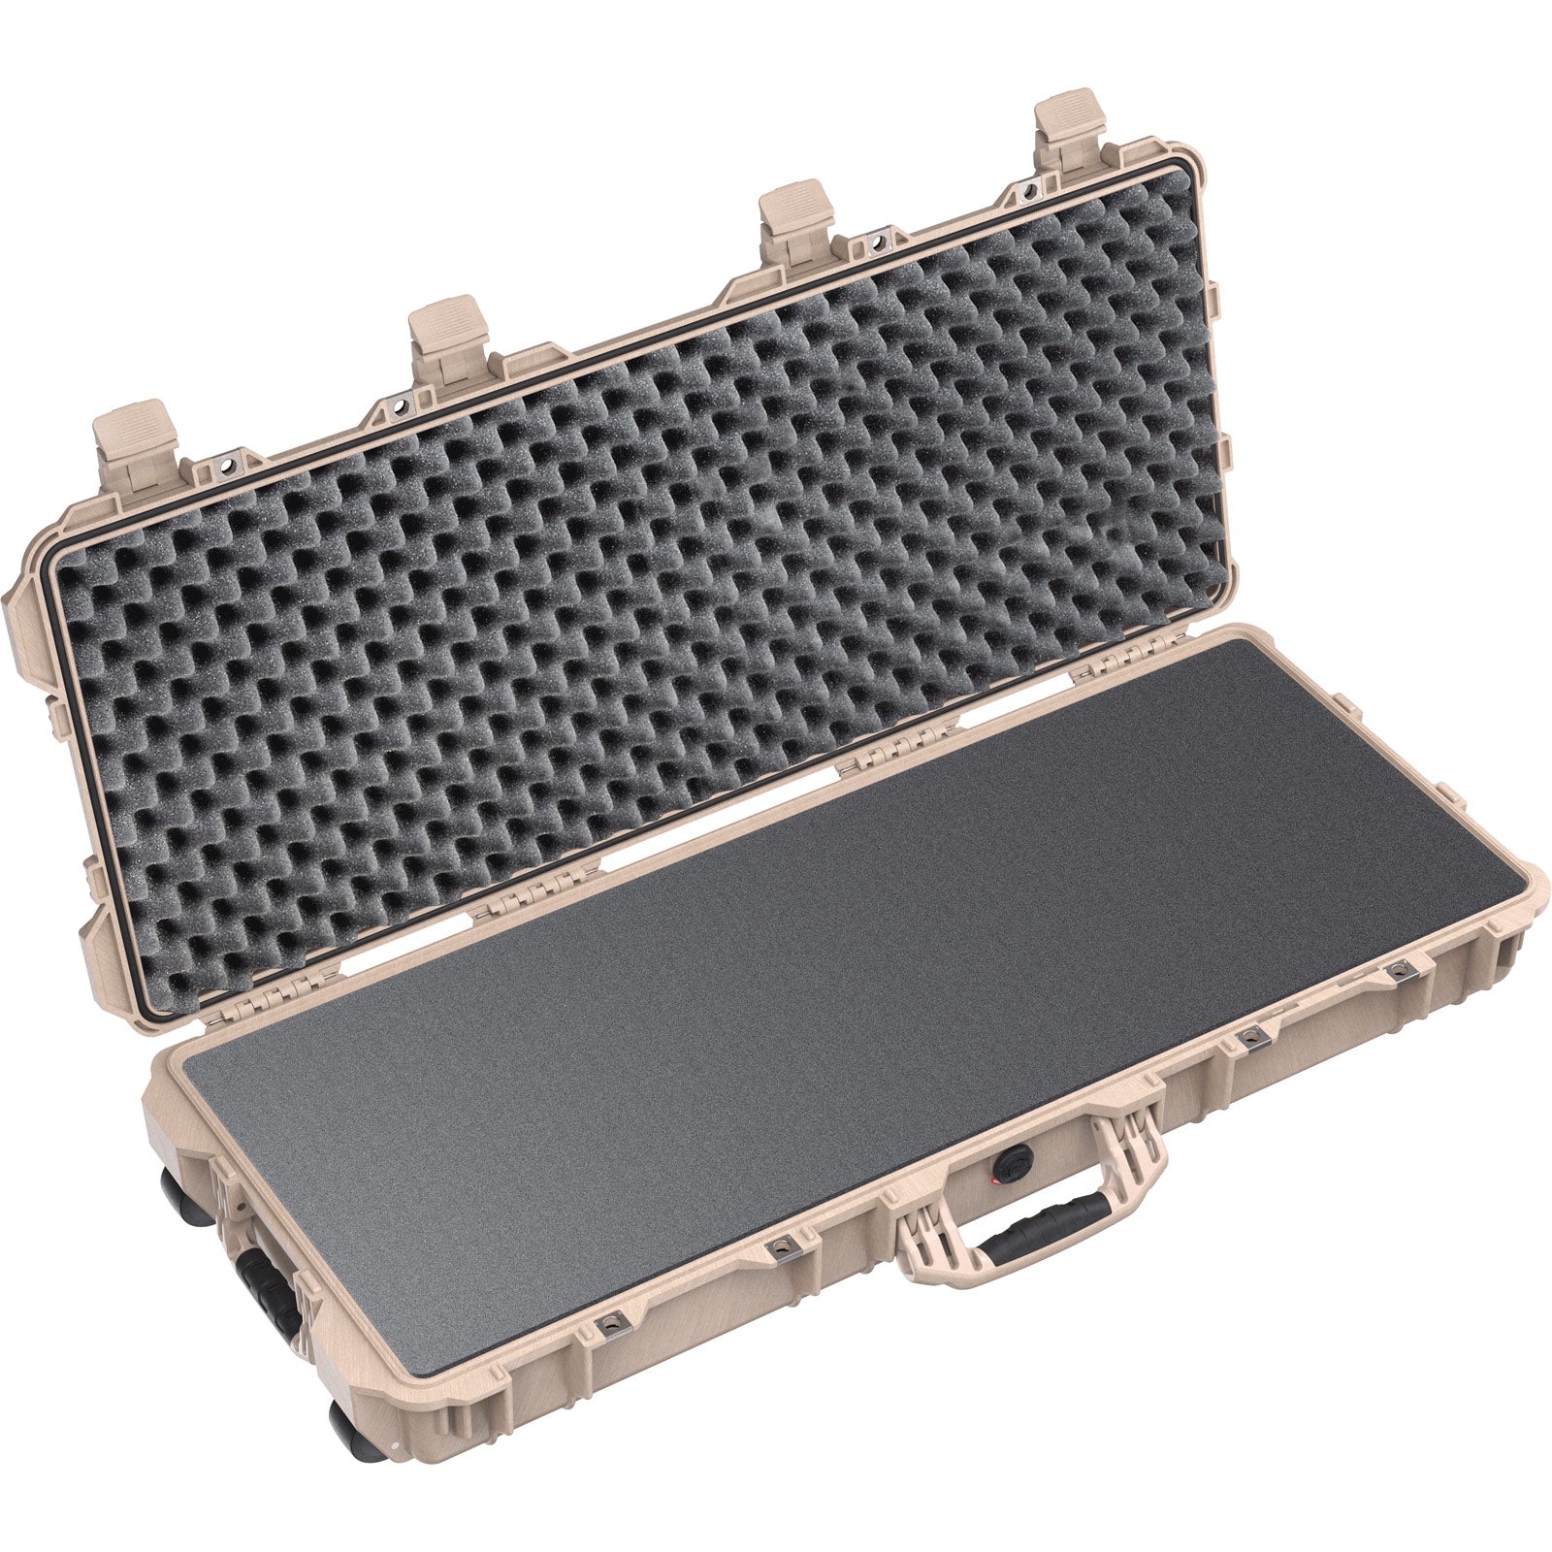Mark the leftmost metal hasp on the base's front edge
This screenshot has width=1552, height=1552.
click(x=611, y=1325)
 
